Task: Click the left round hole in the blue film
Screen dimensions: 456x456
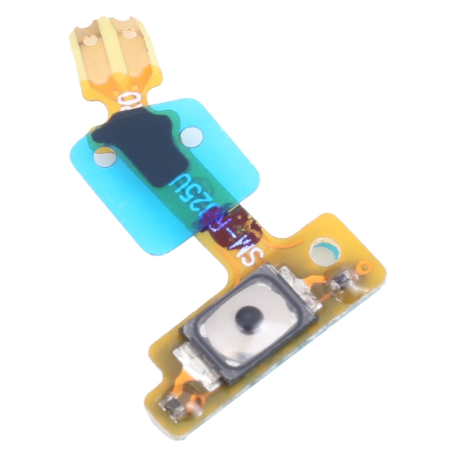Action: pyautogui.click(x=105, y=158)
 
